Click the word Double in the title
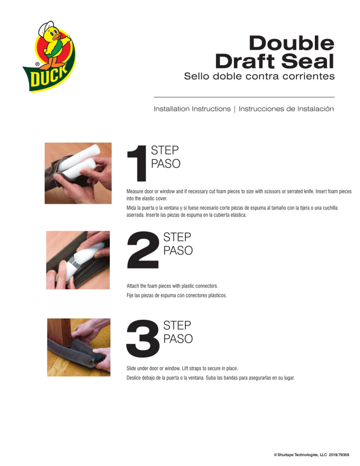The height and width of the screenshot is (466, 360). [291, 44]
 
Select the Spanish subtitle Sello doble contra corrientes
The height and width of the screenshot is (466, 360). [259, 76]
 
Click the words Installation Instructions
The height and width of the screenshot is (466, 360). [192, 109]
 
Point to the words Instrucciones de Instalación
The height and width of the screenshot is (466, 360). [286, 109]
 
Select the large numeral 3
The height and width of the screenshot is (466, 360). [142, 337]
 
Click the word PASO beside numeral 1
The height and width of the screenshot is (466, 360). [165, 164]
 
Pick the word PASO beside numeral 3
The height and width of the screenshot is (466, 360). [177, 339]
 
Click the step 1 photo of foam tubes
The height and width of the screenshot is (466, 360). [78, 173]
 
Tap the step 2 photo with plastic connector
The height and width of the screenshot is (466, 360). [78, 260]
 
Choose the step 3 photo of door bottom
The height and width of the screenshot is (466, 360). [78, 347]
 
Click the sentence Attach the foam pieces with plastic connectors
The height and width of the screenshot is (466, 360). [172, 286]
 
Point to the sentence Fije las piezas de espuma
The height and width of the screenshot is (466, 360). [177, 295]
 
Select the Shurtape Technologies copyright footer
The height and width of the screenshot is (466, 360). [314, 453]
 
